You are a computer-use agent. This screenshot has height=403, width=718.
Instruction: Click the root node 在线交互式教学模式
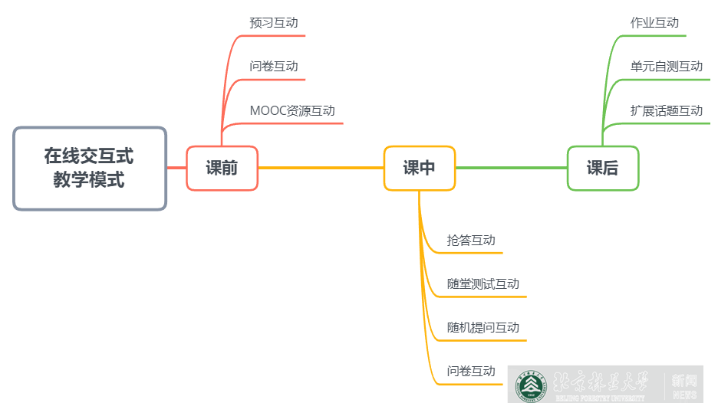[89, 169]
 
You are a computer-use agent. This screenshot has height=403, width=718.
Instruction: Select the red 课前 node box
[222, 168]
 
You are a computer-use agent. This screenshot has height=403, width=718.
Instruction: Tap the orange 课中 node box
[419, 168]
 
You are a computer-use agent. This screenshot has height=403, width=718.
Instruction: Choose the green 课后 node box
[602, 168]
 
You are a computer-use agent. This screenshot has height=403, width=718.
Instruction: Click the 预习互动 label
[273, 23]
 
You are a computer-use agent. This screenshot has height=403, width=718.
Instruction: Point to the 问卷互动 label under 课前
[273, 67]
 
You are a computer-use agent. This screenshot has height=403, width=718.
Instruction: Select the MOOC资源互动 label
[292, 110]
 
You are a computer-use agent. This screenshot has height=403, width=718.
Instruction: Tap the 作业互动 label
[654, 23]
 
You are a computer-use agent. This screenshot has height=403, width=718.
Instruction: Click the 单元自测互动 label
[666, 67]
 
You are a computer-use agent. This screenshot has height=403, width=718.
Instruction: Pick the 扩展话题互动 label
[666, 110]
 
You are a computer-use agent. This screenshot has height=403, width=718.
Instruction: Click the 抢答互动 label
[471, 241]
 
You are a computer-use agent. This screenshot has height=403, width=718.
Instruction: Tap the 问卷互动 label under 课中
[471, 372]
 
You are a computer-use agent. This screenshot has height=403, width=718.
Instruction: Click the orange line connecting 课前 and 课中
[321, 168]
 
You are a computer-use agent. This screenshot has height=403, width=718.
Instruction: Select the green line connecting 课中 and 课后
[511, 168]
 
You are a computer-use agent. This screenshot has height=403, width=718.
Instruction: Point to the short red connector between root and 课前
[176, 168]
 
